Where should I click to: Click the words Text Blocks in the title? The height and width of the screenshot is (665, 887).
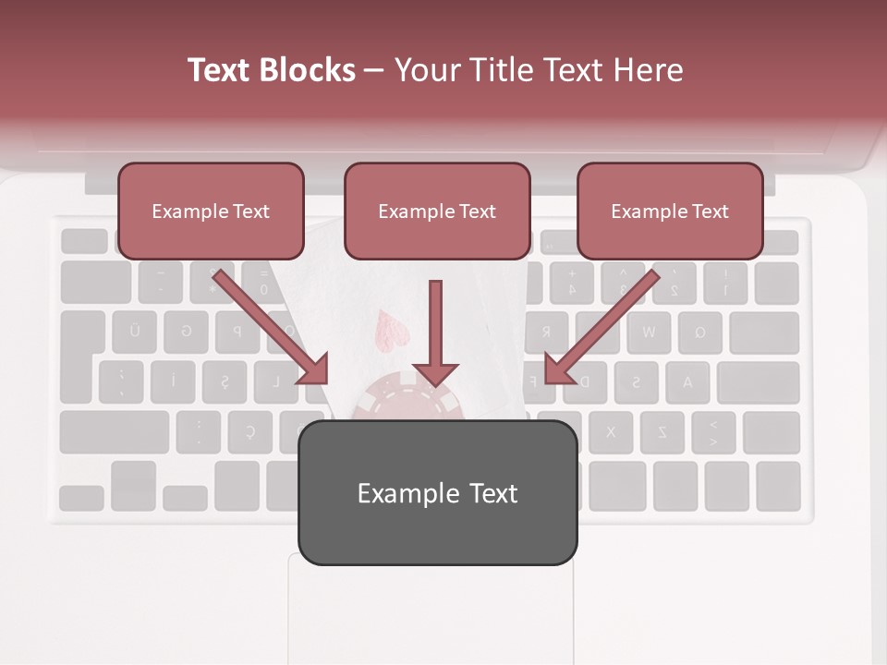pyautogui.click(x=271, y=70)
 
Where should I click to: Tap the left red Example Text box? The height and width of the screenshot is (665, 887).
pyautogui.click(x=211, y=211)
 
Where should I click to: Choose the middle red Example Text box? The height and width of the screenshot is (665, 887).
pyautogui.click(x=437, y=211)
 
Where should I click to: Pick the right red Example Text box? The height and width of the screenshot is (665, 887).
pyautogui.click(x=670, y=211)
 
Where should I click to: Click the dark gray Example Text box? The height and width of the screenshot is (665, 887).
pyautogui.click(x=437, y=492)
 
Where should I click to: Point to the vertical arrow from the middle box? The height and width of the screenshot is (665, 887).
pyautogui.click(x=435, y=332)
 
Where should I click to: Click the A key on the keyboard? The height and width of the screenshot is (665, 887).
pyautogui.click(x=687, y=381)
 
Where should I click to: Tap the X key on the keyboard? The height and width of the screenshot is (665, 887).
pyautogui.click(x=610, y=431)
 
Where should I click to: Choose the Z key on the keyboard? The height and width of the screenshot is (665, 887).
pyautogui.click(x=662, y=431)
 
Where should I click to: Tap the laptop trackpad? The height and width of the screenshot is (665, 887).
pyautogui.click(x=431, y=610)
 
